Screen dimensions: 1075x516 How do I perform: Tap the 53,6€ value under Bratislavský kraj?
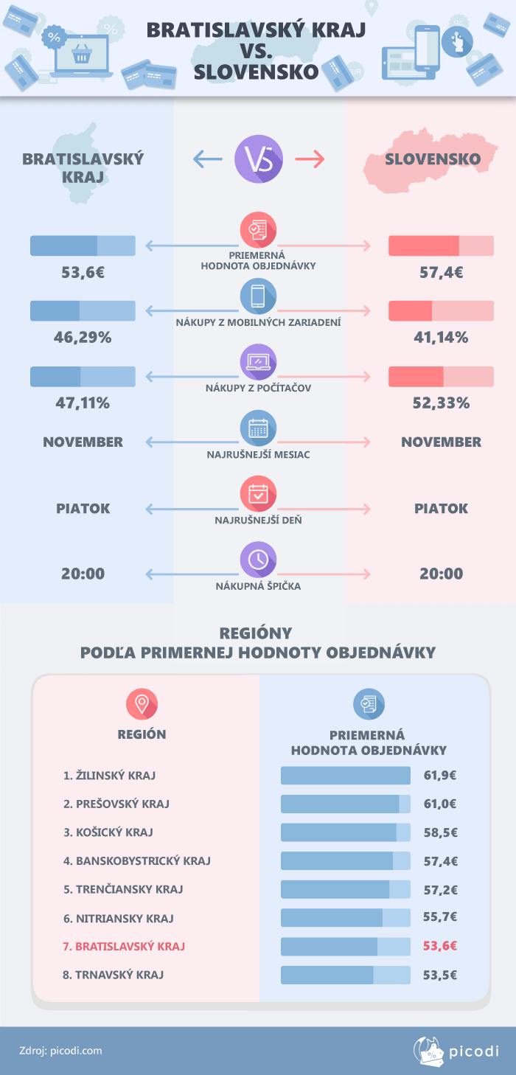click(83, 272)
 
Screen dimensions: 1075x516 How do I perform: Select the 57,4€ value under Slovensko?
click(441, 272)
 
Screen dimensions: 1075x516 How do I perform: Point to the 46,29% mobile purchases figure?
click(83, 338)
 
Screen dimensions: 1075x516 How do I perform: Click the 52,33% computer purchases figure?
click(441, 403)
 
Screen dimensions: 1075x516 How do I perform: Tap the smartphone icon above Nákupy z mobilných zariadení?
click(258, 296)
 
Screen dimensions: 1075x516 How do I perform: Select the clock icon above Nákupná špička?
click(258, 560)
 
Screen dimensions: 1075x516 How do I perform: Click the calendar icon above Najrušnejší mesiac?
click(258, 428)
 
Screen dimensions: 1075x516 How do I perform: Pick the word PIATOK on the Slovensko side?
click(441, 509)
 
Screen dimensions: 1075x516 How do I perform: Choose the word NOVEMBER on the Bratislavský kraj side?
click(83, 442)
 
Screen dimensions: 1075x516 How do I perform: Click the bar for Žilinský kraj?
click(345, 776)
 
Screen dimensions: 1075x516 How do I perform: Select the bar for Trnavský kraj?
click(345, 975)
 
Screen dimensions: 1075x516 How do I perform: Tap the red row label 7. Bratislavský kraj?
click(124, 946)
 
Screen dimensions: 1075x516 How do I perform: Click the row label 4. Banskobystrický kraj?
click(137, 860)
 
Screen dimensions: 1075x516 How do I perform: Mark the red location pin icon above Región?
click(142, 704)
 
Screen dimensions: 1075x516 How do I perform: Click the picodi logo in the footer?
click(456, 1051)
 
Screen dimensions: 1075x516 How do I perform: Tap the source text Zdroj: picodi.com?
click(60, 1051)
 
